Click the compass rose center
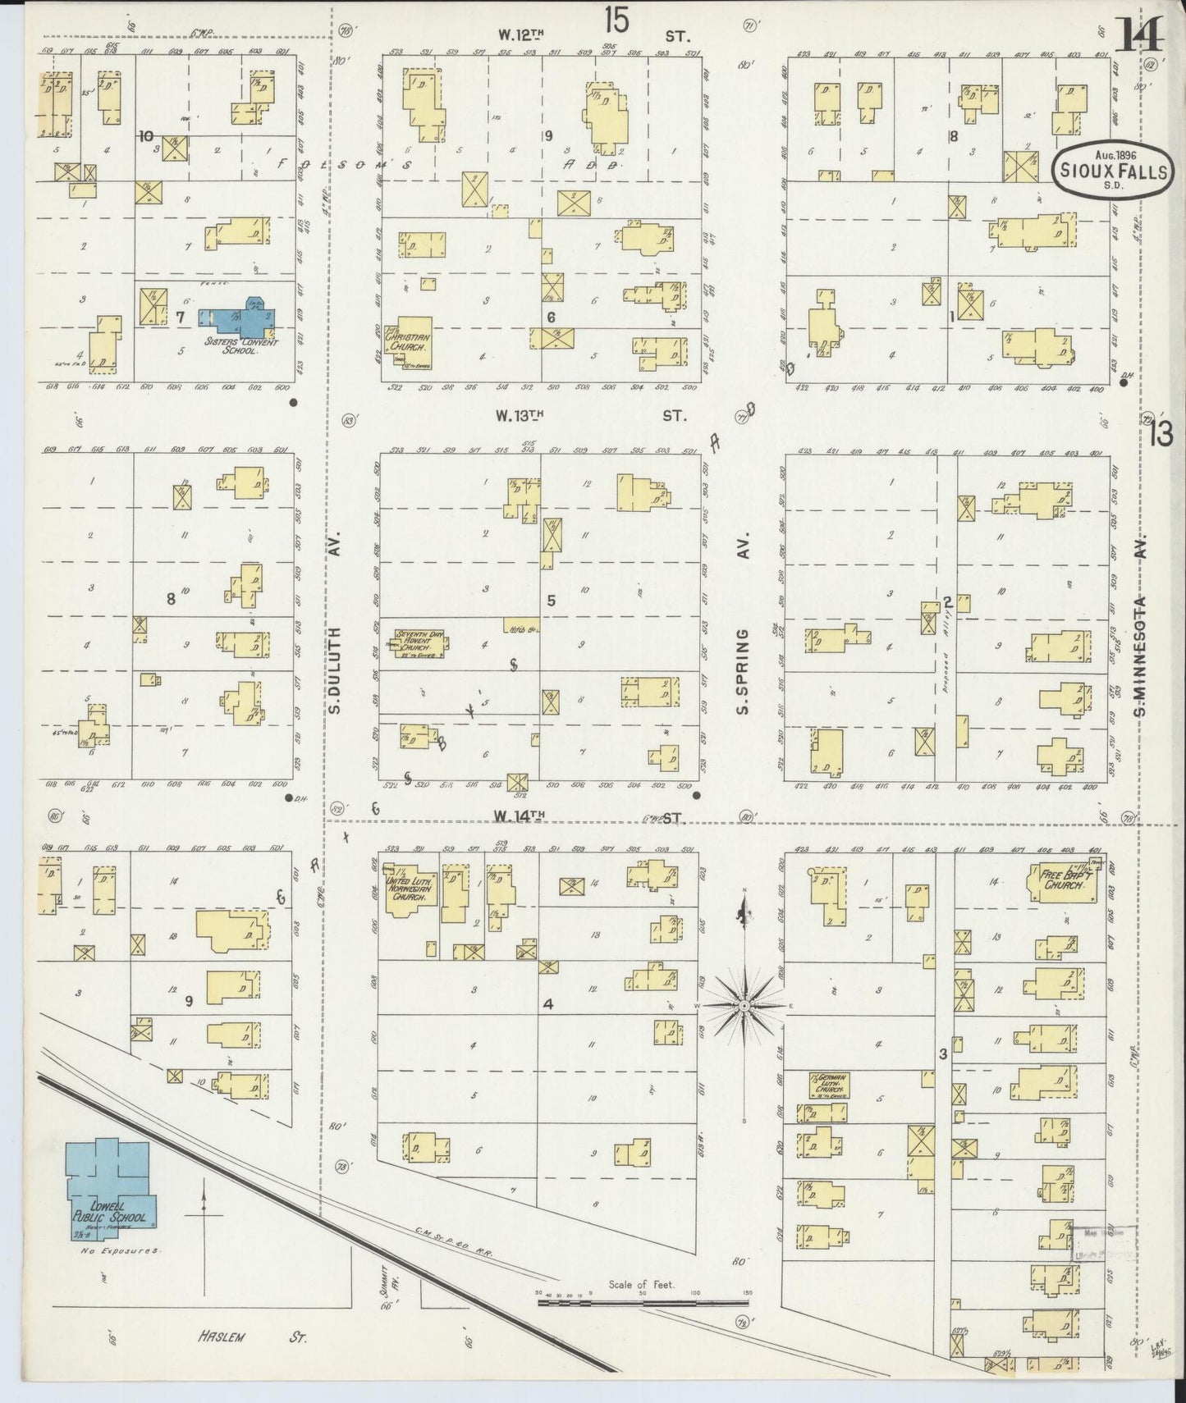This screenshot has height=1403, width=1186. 744,1005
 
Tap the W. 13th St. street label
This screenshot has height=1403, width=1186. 591,416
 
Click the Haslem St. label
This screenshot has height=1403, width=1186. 251,1337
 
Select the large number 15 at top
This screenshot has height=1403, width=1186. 616,21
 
